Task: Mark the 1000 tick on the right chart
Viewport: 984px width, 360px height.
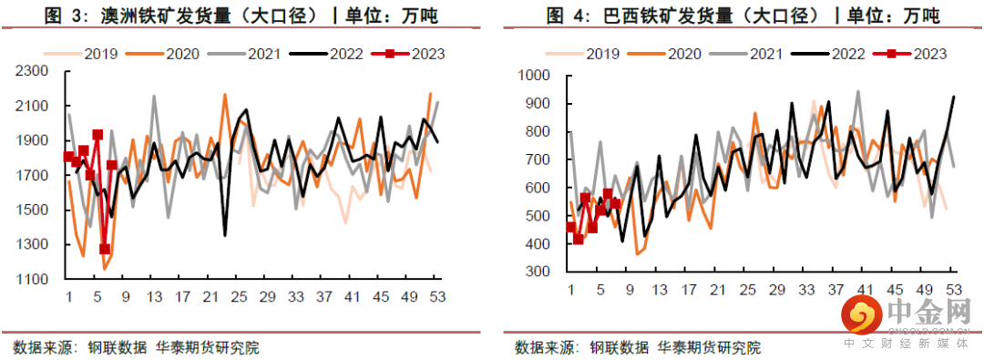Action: point(537,76)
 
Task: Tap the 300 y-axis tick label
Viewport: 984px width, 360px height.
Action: point(540,272)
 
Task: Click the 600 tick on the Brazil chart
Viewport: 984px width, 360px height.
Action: point(540,188)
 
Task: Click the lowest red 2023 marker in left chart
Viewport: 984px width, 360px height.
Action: point(105,249)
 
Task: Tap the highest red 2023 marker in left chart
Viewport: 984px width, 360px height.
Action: point(97,135)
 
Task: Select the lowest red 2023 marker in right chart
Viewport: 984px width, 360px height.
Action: point(578,240)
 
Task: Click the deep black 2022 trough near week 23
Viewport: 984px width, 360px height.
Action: point(225,235)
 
